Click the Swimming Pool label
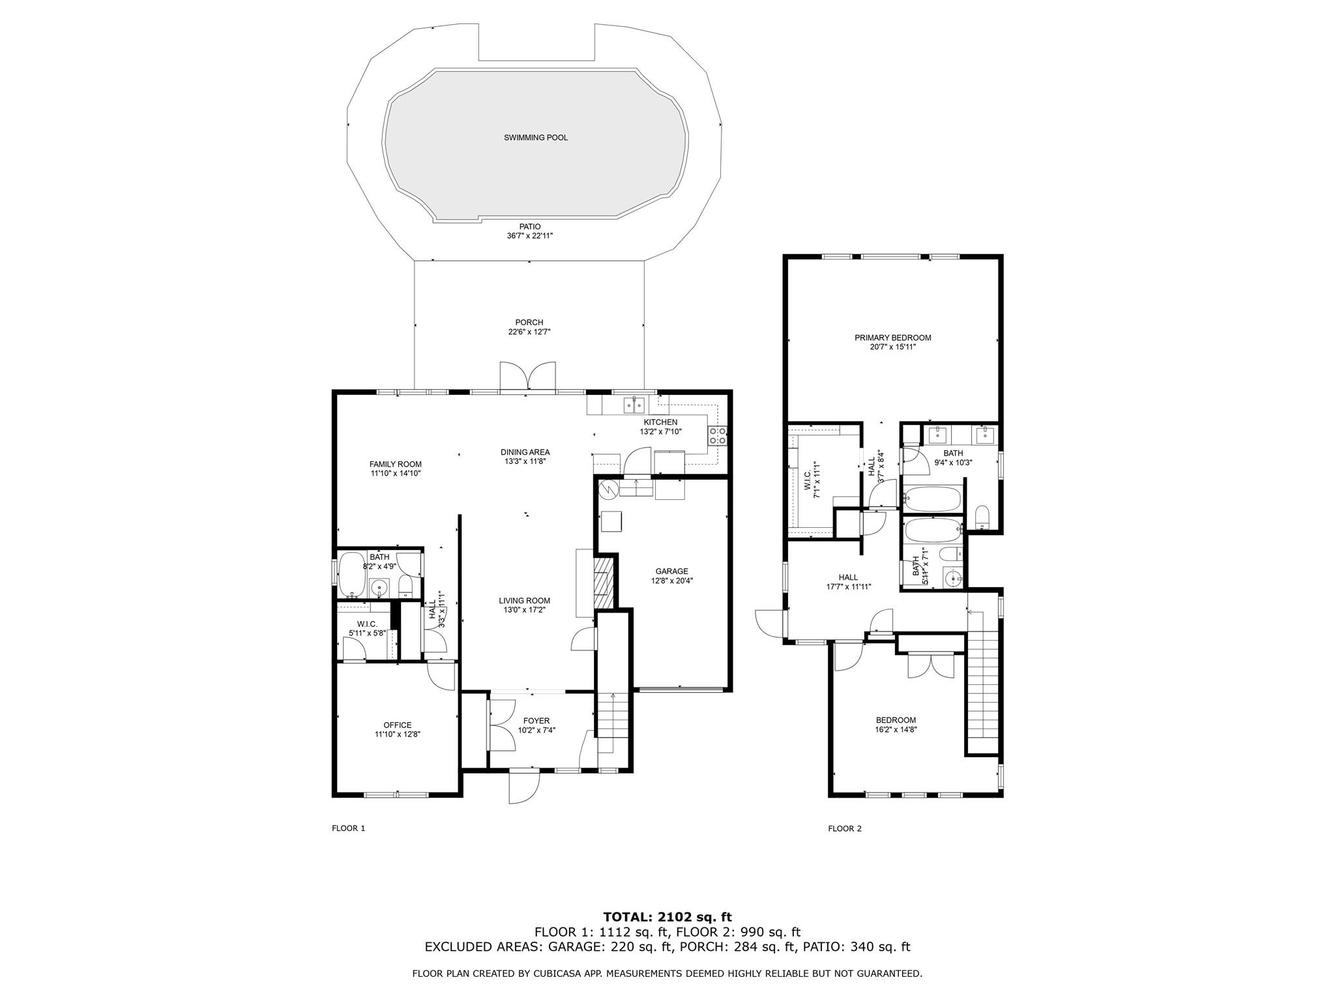click(536, 138)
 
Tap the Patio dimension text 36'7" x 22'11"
click(529, 236)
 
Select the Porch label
click(529, 322)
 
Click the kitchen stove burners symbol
click(717, 435)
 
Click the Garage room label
click(671, 572)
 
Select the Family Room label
click(396, 464)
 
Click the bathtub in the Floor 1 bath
click(351, 575)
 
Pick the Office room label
click(398, 725)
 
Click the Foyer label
click(536, 721)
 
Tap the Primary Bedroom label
click(893, 338)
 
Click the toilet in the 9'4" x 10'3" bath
click(982, 517)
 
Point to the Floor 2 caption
click(845, 829)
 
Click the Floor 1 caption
click(349, 828)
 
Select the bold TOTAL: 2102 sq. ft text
click(667, 918)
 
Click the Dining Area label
click(525, 452)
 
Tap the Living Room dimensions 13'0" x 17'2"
click(524, 611)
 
